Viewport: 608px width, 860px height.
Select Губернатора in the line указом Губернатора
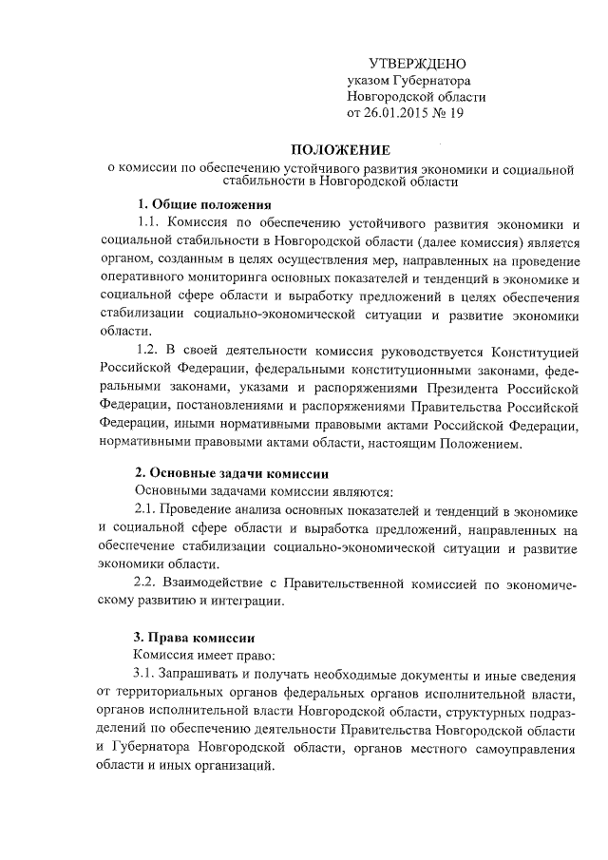[432, 80]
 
